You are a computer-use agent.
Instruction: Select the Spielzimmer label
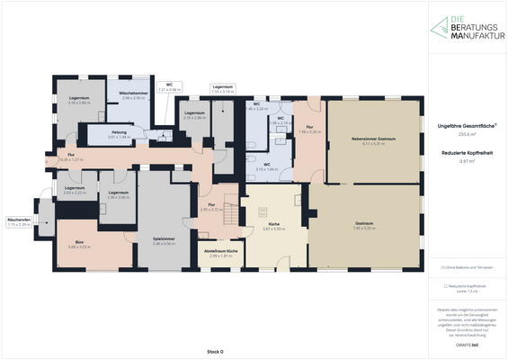click(163, 241)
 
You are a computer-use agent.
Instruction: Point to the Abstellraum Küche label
click(221, 252)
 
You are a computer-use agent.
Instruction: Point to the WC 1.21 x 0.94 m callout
click(169, 88)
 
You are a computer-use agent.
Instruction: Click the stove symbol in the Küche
click(263, 212)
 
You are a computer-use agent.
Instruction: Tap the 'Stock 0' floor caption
click(214, 350)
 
